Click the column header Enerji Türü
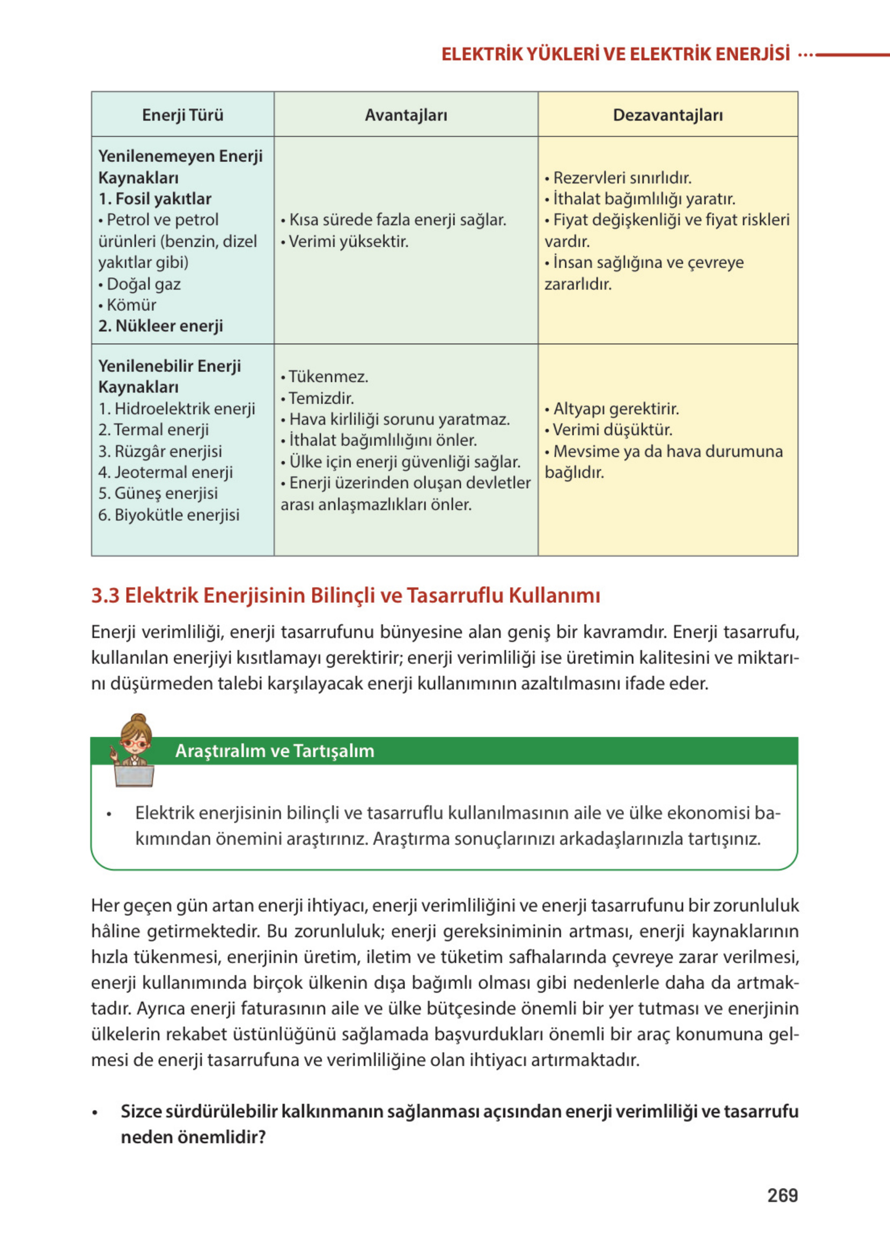tap(182, 115)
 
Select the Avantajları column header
tap(406, 115)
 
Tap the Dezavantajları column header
tap(667, 115)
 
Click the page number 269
tap(782, 1195)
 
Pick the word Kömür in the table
tap(131, 305)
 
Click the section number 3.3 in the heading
tap(105, 595)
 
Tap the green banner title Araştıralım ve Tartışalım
tap(275, 750)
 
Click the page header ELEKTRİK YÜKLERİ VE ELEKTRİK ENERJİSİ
tap(615, 54)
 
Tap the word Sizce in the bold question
tap(141, 1111)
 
